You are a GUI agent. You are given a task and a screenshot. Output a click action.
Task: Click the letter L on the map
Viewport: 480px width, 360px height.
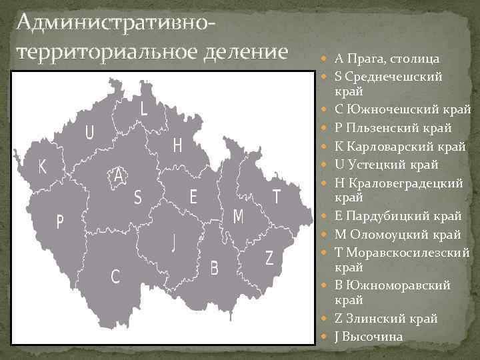pyautogui.click(x=144, y=109)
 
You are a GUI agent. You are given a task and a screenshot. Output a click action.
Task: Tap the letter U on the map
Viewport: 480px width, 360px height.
pyautogui.click(x=89, y=133)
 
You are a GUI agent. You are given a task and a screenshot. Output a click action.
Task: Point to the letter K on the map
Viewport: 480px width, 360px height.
pyautogui.click(x=43, y=167)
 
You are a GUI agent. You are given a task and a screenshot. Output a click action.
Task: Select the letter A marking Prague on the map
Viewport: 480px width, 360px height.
pyautogui.click(x=119, y=176)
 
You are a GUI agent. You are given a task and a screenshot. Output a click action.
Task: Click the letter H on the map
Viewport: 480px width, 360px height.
pyautogui.click(x=177, y=146)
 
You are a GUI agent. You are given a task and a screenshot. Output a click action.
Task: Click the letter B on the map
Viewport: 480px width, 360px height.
pyautogui.click(x=214, y=268)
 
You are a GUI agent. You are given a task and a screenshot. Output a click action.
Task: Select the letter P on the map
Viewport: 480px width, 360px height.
pyautogui.click(x=59, y=222)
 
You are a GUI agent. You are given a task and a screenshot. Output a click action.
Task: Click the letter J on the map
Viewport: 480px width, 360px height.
pyautogui.click(x=174, y=242)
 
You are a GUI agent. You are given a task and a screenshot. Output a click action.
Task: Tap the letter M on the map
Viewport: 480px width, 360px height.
pyautogui.click(x=238, y=216)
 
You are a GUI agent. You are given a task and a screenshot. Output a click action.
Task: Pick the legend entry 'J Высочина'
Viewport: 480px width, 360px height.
pyautogui.click(x=369, y=337)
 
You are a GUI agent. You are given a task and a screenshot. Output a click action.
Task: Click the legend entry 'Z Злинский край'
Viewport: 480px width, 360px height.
pyautogui.click(x=386, y=318)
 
